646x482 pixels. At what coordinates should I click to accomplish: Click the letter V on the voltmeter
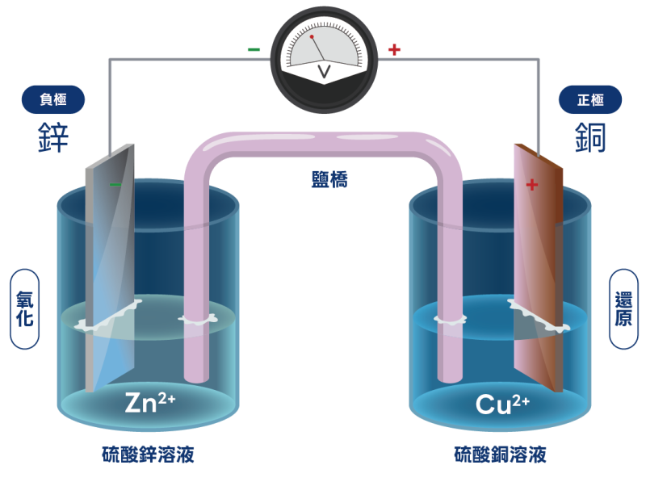(x=325, y=73)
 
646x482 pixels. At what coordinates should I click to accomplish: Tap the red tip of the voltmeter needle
(x=312, y=37)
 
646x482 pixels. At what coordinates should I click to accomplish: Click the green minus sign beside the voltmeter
(x=254, y=49)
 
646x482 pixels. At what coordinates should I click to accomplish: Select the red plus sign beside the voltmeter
(x=394, y=49)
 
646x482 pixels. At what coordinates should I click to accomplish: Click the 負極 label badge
(x=52, y=100)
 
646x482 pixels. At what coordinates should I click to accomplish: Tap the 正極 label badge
(x=590, y=100)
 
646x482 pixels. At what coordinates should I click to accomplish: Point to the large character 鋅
(x=53, y=138)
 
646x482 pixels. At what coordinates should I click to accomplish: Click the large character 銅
(x=590, y=138)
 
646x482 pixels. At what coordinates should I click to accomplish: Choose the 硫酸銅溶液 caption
(x=500, y=455)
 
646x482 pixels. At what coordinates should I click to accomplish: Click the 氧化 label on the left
(x=24, y=309)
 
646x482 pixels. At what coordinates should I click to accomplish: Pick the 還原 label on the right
(x=623, y=309)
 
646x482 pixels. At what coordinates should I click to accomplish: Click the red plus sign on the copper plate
(x=531, y=185)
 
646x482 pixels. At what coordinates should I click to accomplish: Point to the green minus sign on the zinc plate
(x=115, y=185)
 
